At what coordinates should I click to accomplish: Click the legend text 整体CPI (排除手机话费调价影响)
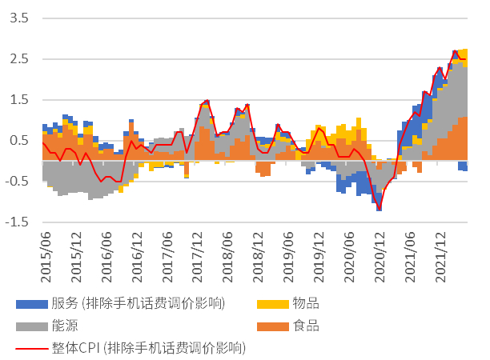[149, 348]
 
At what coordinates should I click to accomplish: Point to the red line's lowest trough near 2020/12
[379, 210]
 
